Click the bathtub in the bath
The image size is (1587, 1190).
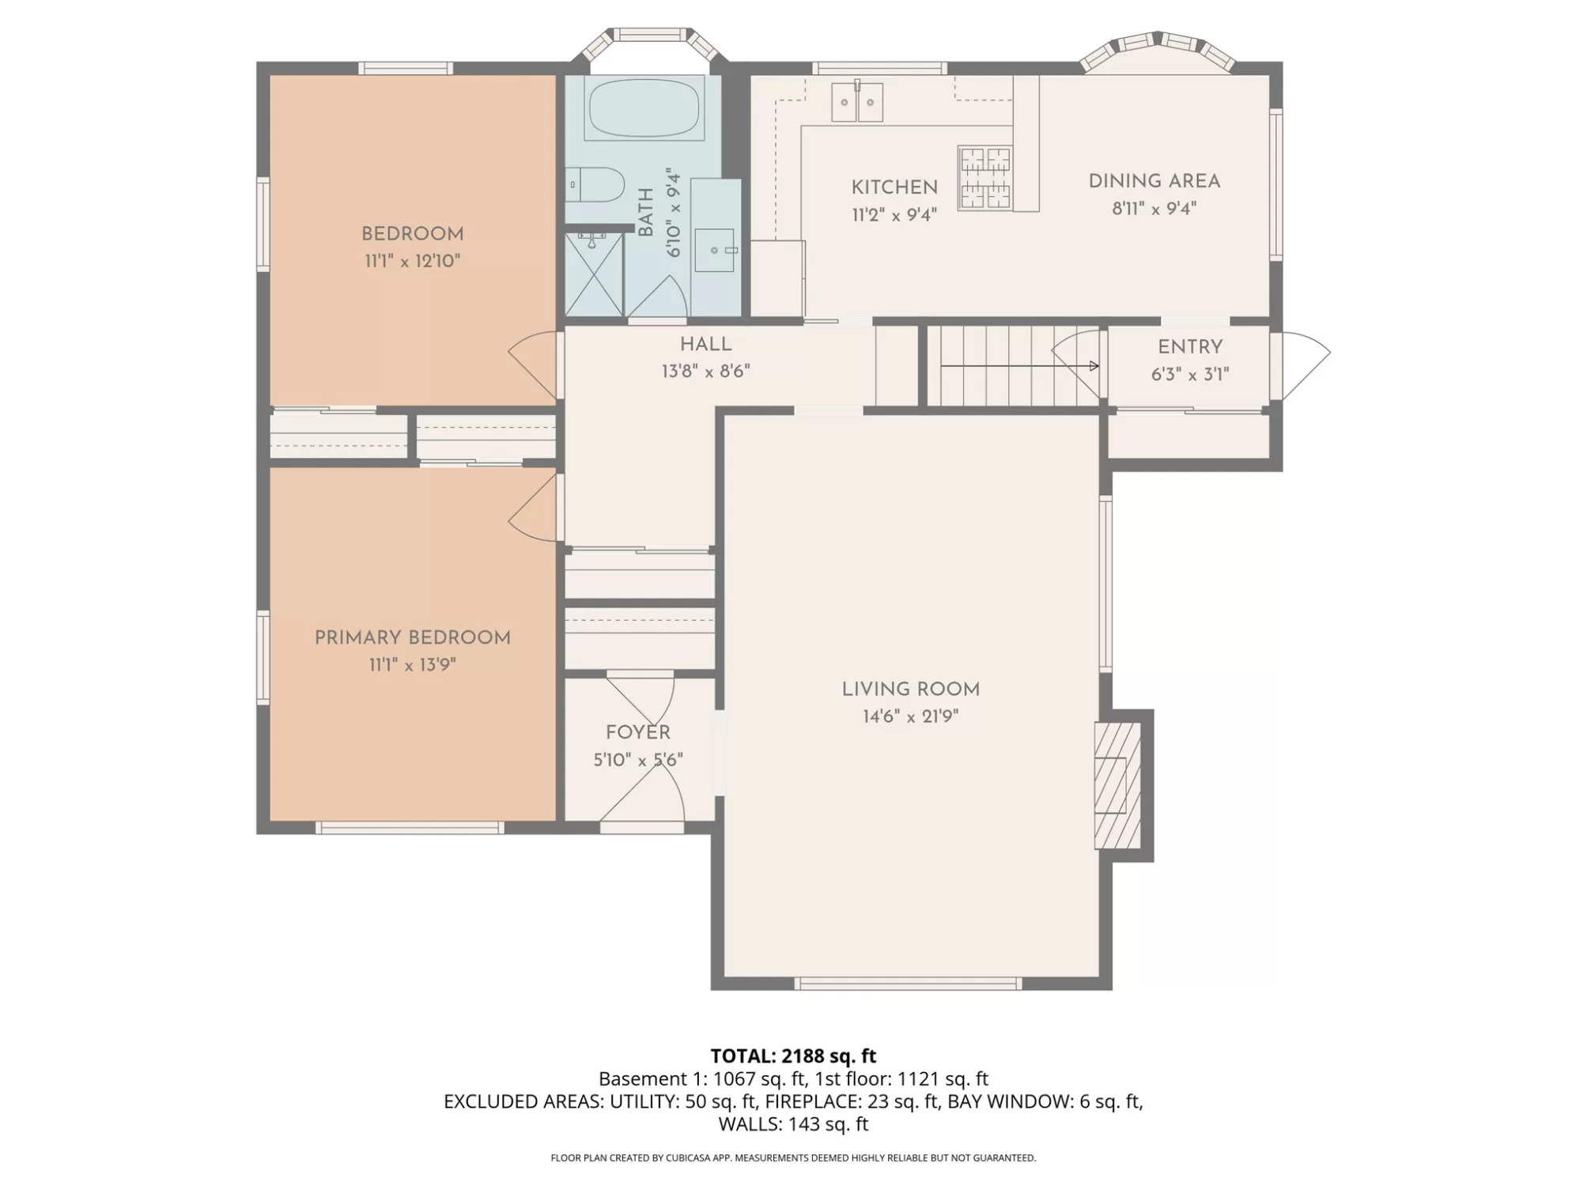coord(645,108)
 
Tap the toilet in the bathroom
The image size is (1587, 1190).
coord(595,184)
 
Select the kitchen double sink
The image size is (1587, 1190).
coord(856,101)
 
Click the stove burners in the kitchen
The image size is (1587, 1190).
coord(985,178)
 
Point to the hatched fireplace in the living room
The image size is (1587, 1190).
coord(1117,786)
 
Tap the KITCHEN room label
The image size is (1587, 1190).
coord(894,187)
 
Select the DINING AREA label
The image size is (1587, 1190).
coord(1154,181)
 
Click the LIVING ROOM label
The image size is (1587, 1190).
coord(911,689)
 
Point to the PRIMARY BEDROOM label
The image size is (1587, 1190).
coord(413,638)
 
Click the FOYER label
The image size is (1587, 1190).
coord(638,733)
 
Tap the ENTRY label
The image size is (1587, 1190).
coord(1190,347)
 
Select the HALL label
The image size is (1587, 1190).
coord(706,345)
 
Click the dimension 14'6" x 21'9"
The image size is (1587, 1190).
coord(911,716)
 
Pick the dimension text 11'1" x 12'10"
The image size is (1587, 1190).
coord(413,261)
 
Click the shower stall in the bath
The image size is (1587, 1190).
coord(595,274)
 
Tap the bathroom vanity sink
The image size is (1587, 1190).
coord(715,250)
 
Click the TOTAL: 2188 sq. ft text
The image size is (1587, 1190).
coord(793,1056)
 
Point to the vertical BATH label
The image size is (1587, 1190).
coord(646,212)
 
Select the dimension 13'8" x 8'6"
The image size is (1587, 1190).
coord(706,372)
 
